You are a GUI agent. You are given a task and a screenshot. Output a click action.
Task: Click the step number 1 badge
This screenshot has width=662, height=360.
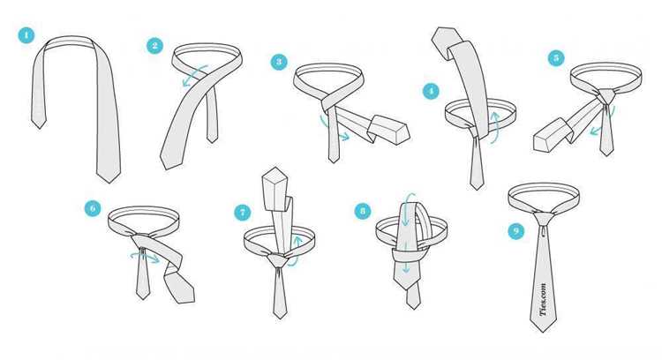click(26, 35)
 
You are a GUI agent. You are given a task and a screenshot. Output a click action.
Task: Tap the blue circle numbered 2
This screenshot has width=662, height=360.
click(155, 46)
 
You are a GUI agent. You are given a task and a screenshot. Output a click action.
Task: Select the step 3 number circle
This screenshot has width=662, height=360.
click(279, 62)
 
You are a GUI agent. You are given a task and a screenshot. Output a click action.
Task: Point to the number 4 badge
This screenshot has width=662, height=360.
click(431, 91)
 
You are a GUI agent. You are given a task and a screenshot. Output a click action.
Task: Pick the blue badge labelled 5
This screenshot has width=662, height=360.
click(556, 58)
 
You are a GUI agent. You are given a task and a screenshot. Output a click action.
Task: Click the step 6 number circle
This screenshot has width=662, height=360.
click(93, 208)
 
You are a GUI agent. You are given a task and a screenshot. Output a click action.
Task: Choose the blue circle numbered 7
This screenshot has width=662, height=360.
click(243, 213)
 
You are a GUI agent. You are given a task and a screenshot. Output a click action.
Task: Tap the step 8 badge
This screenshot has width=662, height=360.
click(363, 211)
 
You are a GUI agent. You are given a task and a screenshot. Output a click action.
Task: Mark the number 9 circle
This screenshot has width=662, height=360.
click(516, 231)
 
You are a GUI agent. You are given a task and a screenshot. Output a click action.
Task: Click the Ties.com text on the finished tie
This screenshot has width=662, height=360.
click(543, 299)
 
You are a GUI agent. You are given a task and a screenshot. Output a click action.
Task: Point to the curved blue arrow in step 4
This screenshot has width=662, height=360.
click(495, 126)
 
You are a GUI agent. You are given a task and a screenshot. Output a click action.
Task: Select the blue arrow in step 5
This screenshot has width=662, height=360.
click(606, 123)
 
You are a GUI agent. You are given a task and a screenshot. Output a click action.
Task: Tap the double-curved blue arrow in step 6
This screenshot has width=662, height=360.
click(145, 256)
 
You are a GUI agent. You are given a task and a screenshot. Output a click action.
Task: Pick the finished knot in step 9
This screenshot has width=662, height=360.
click(544, 218)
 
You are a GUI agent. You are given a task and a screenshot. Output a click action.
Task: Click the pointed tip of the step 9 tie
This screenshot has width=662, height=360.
click(543, 332)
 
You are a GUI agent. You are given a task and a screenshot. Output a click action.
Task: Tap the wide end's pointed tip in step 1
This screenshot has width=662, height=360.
click(109, 183)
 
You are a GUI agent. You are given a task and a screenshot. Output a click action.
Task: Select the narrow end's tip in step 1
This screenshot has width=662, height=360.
click(39, 128)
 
